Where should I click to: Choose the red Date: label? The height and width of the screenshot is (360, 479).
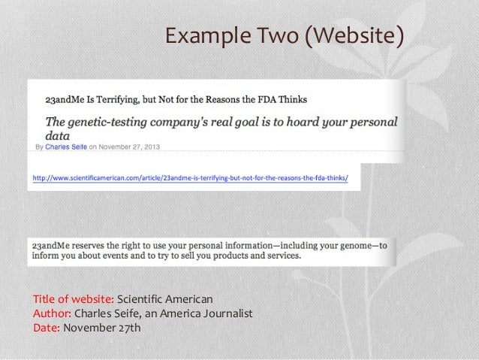[x=47, y=327]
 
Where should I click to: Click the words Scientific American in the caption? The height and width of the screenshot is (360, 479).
[x=165, y=301]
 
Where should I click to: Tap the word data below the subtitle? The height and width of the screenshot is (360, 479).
[x=57, y=136]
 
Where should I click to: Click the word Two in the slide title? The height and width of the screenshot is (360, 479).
[x=276, y=35]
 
